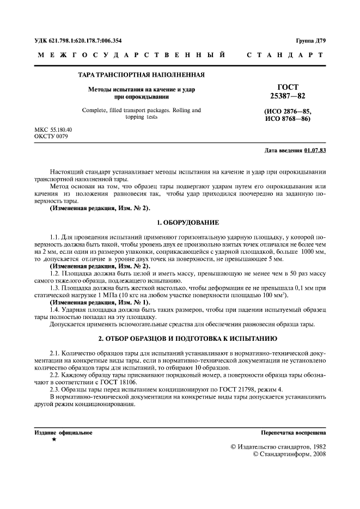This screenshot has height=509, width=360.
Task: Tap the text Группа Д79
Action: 311,41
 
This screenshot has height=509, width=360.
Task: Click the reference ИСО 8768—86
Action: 288,119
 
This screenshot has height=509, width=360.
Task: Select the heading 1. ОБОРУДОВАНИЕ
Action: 187,223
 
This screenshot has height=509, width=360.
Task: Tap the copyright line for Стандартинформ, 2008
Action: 289,455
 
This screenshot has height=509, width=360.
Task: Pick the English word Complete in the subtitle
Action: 96,111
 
